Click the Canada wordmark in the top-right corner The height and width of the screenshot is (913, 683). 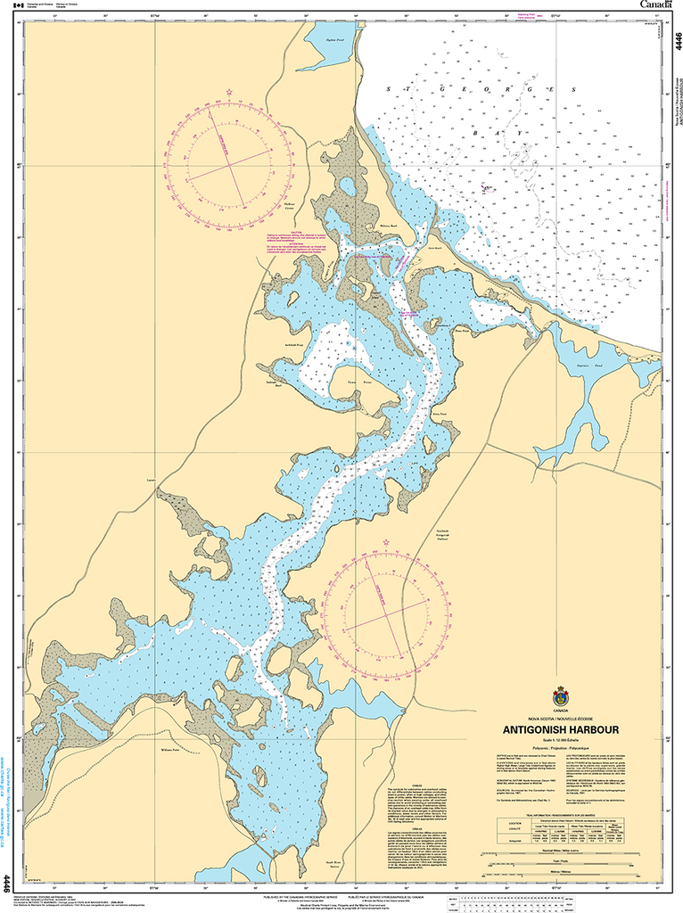[658, 5]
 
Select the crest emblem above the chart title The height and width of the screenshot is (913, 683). [560, 696]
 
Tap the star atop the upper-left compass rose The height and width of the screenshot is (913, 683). [230, 93]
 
